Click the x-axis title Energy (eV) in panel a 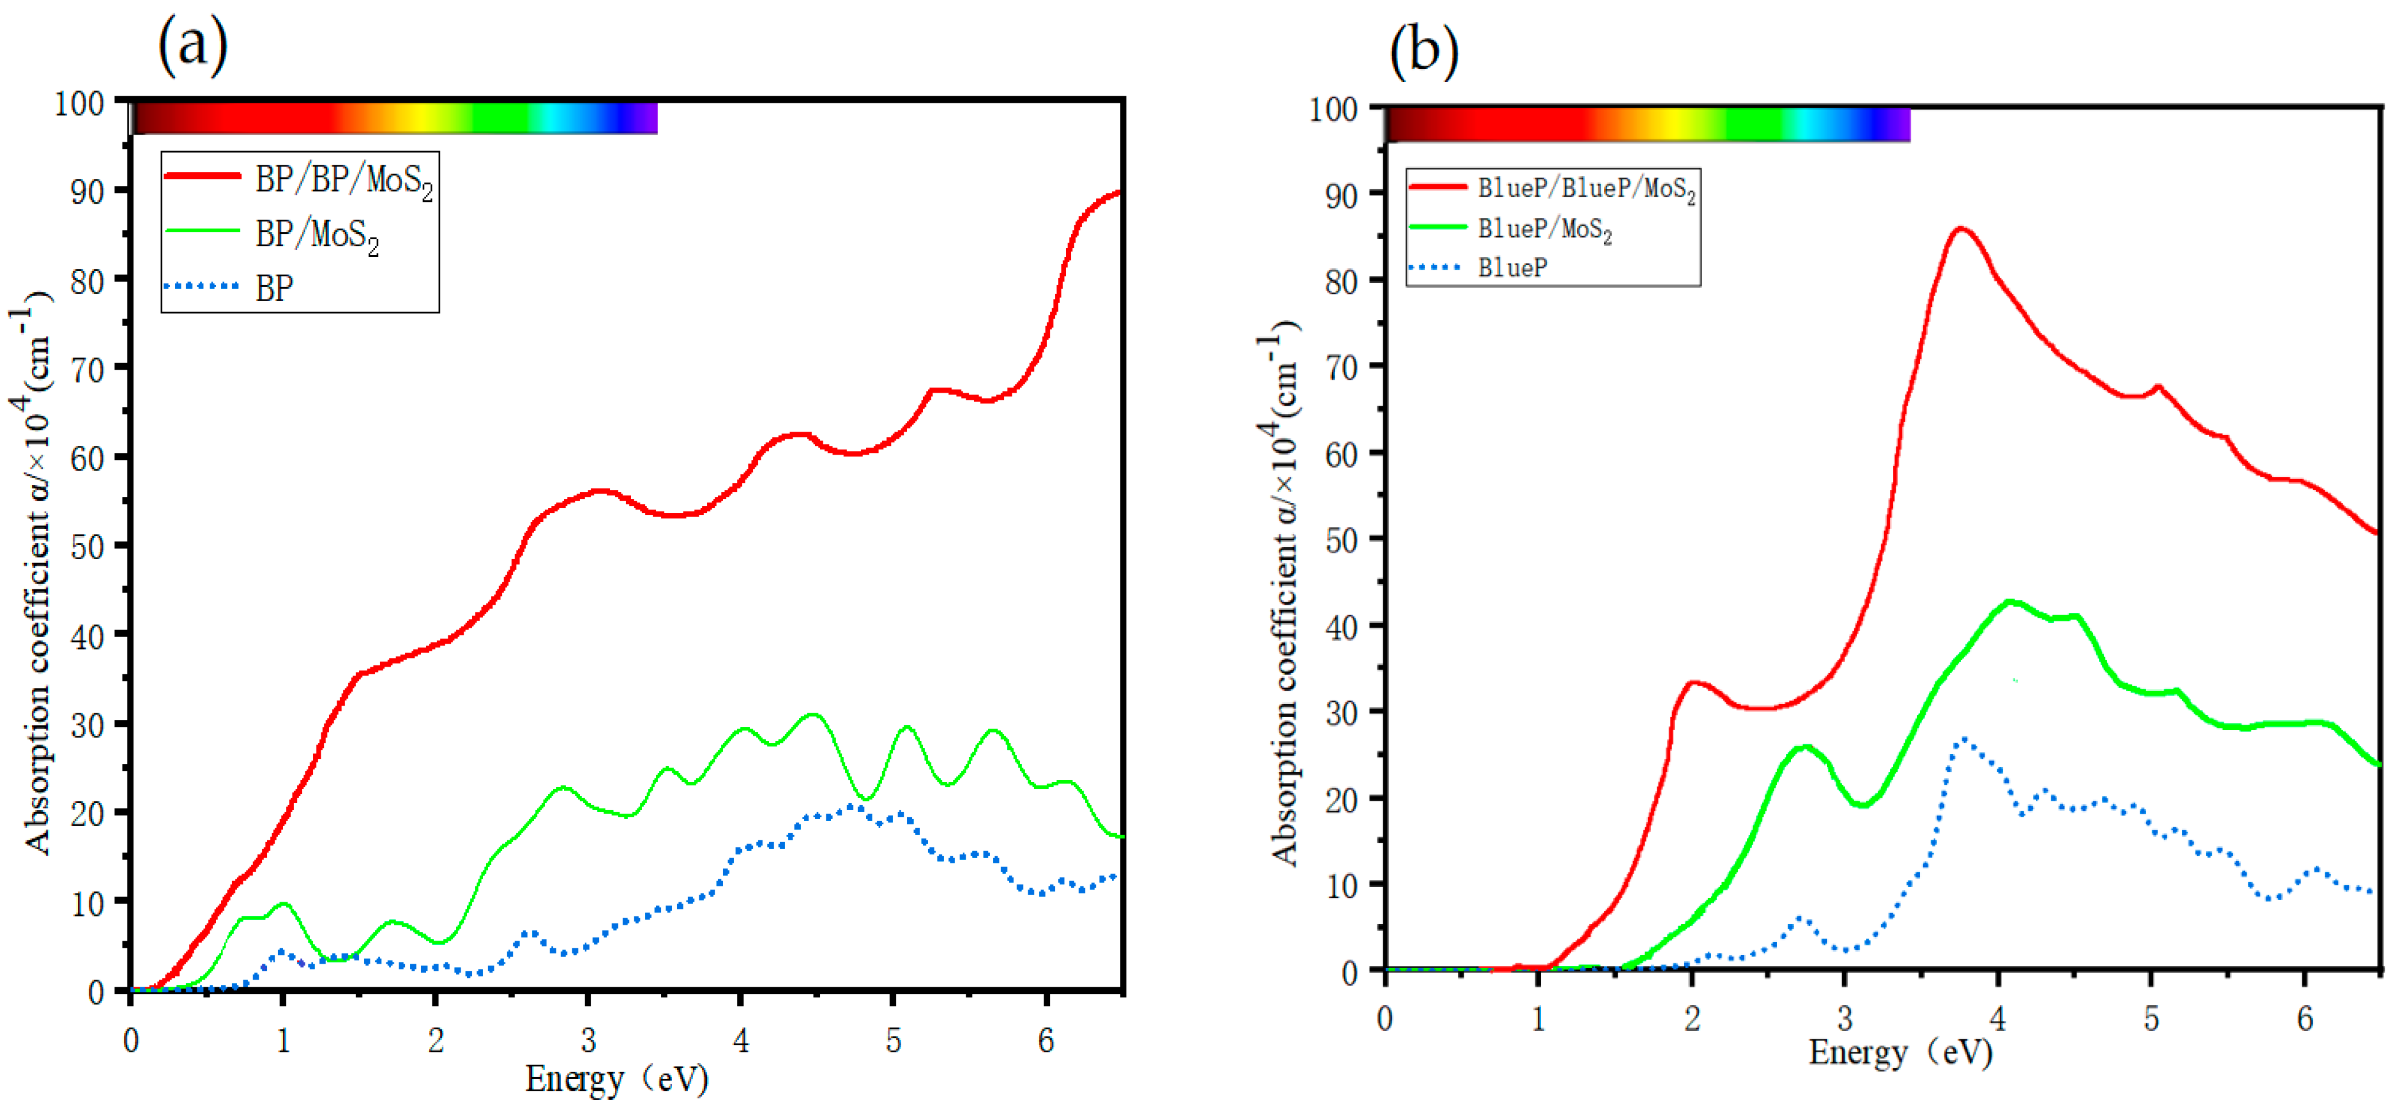(617, 1080)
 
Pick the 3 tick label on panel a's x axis (588, 1039)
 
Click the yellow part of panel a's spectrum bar (421, 118)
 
